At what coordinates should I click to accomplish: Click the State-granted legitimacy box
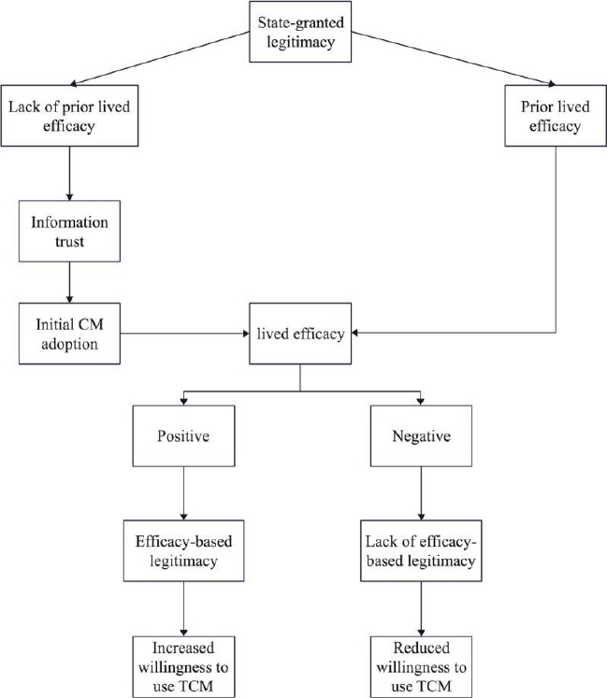(x=300, y=32)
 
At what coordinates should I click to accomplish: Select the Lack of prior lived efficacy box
(x=69, y=116)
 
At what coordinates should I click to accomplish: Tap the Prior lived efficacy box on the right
(x=556, y=116)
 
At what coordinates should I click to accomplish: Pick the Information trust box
(x=69, y=231)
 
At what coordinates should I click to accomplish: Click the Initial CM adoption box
(x=69, y=334)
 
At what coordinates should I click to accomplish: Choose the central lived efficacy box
(x=300, y=334)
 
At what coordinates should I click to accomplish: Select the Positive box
(x=183, y=435)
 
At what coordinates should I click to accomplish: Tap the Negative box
(x=421, y=435)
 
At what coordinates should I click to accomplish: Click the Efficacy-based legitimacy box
(x=183, y=550)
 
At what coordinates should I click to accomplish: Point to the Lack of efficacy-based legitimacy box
(x=421, y=550)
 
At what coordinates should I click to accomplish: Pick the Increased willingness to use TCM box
(x=183, y=666)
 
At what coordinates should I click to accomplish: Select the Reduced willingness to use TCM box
(x=421, y=666)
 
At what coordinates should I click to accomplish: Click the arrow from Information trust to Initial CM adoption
(x=69, y=282)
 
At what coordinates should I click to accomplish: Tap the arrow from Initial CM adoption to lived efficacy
(x=184, y=334)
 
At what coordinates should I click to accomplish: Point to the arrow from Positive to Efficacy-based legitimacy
(x=183, y=493)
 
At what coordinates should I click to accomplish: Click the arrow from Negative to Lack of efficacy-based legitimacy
(x=421, y=493)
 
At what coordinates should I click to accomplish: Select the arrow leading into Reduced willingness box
(x=421, y=608)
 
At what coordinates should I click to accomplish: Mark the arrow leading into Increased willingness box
(x=183, y=608)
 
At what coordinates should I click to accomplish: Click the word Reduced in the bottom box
(x=421, y=648)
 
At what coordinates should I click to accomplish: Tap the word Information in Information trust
(x=69, y=222)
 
